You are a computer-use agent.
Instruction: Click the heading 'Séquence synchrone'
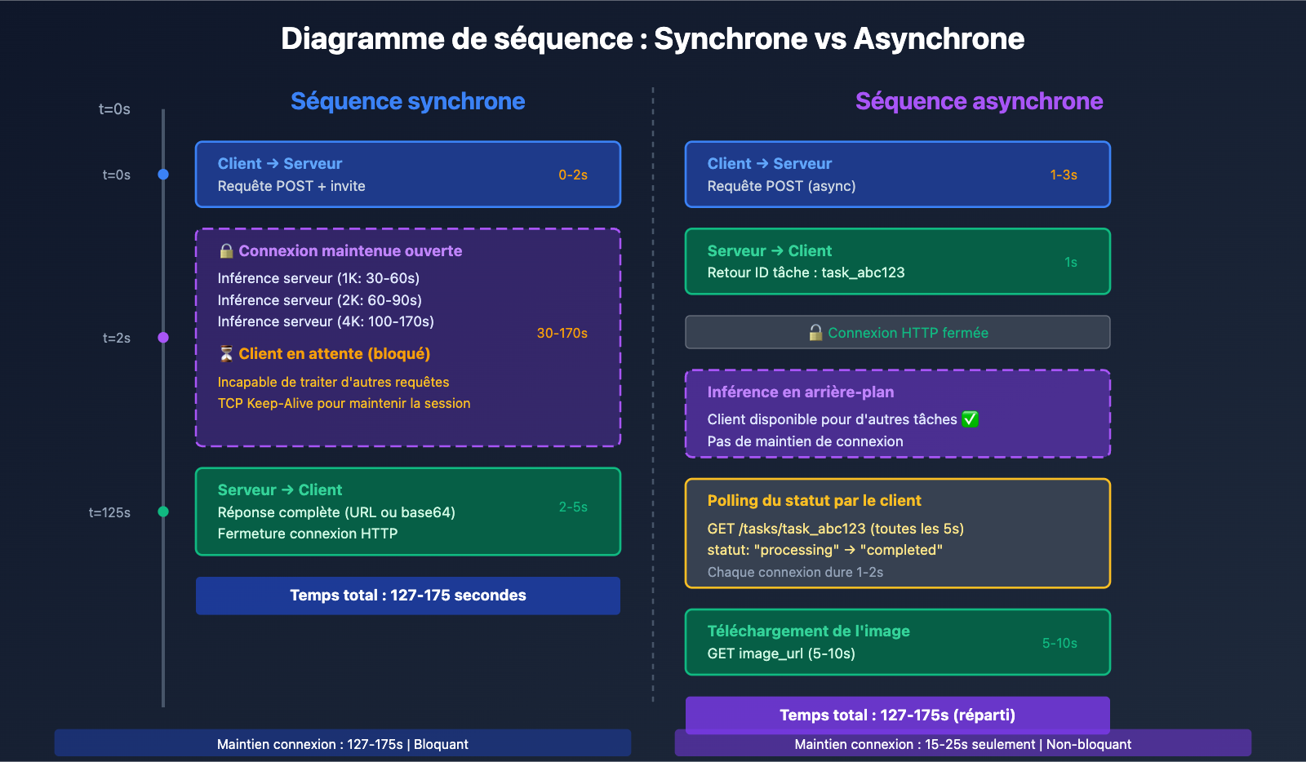coord(407,101)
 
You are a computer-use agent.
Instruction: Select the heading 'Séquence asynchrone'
coord(979,101)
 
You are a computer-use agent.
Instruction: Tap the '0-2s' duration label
coord(573,175)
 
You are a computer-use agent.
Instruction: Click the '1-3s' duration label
coord(1063,175)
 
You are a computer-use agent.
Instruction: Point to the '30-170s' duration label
coord(562,333)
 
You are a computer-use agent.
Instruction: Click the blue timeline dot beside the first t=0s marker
coord(163,175)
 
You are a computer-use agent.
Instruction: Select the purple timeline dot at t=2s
coord(163,338)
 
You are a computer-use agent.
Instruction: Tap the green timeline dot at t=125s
coord(163,512)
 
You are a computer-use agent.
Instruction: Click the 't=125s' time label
coord(109,512)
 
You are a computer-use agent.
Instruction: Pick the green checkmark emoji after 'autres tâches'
coord(970,419)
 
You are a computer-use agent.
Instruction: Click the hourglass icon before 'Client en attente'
coord(226,353)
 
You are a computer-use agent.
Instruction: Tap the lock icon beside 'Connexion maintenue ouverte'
coord(226,250)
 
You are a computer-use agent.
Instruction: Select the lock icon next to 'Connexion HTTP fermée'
coord(815,332)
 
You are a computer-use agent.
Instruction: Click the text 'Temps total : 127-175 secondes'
coord(407,596)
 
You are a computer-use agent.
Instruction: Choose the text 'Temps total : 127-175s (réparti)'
coord(897,715)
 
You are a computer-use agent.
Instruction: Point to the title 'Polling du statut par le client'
coord(814,501)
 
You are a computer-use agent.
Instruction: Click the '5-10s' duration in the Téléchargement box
coord(1059,643)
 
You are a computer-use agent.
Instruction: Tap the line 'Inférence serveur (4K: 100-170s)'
coord(326,321)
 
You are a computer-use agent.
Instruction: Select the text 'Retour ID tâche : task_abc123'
coord(806,272)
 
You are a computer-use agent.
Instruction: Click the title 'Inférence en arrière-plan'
coord(800,392)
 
